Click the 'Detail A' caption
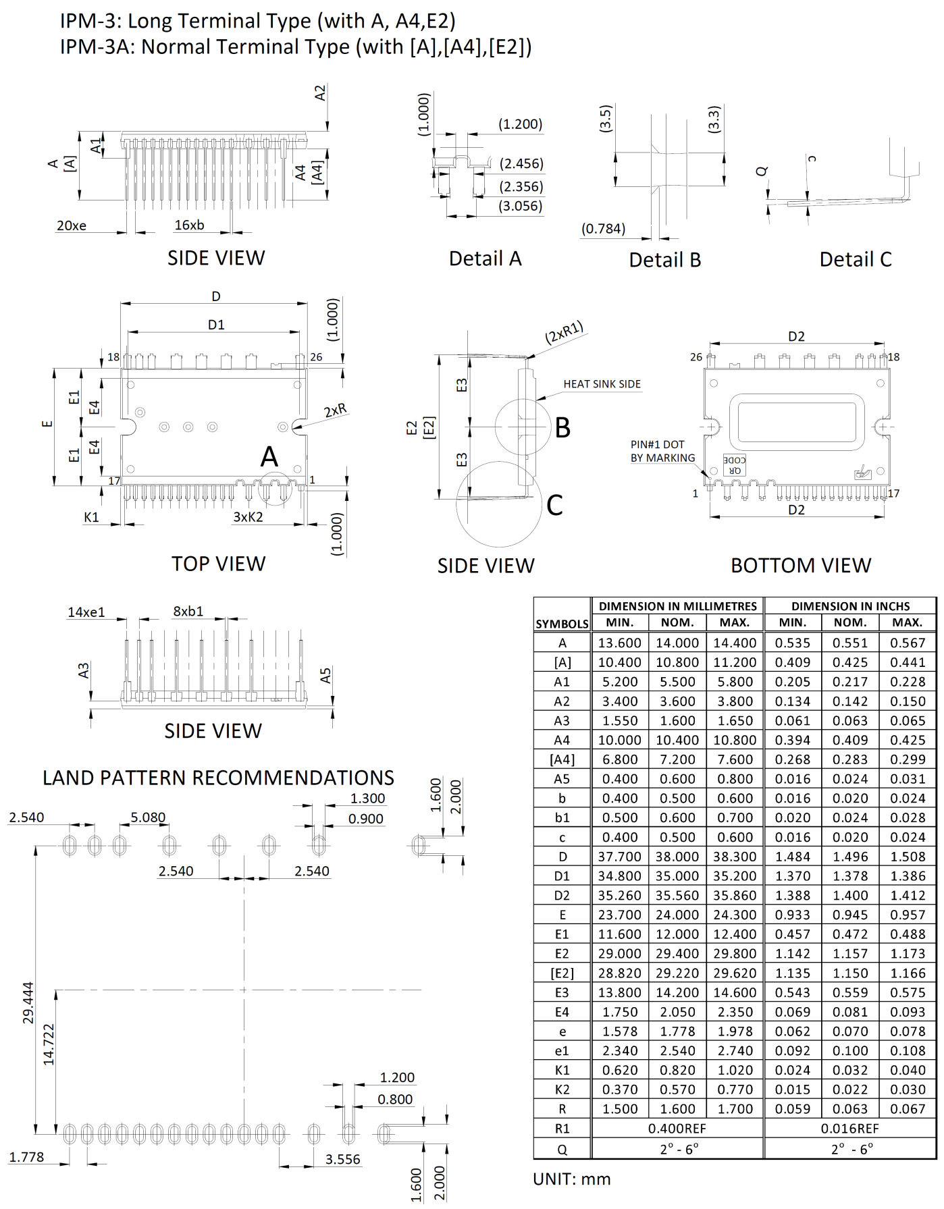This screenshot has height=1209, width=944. pyautogui.click(x=485, y=259)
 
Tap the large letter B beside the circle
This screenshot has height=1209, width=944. pyautogui.click(x=562, y=428)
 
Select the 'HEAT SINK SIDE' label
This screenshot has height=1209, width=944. pyautogui.click(x=602, y=384)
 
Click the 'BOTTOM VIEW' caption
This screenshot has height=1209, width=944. pyautogui.click(x=801, y=565)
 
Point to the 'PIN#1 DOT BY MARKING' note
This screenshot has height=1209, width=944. pyautogui.click(x=662, y=451)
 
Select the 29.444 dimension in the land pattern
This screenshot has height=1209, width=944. pyautogui.click(x=28, y=1002)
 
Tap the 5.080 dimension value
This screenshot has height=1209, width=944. pyautogui.click(x=148, y=817)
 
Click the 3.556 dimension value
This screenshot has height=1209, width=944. pyautogui.click(x=342, y=1159)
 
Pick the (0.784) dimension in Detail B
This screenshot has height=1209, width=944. pyautogui.click(x=603, y=229)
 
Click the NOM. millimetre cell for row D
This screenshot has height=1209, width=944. pyautogui.click(x=677, y=857)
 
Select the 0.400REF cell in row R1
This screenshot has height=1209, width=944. pyautogui.click(x=677, y=1128)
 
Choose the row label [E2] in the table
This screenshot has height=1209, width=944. pyautogui.click(x=562, y=973)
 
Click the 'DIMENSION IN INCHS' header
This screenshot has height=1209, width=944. pyautogui.click(x=850, y=606)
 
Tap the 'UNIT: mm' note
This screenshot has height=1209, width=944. pyautogui.click(x=571, y=1179)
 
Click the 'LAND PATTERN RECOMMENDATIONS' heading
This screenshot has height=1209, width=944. pyautogui.click(x=218, y=778)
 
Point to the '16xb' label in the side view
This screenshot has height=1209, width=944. pyautogui.click(x=189, y=225)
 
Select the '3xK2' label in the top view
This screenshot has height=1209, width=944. pyautogui.click(x=248, y=517)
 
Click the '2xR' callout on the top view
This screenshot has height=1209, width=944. pyautogui.click(x=335, y=410)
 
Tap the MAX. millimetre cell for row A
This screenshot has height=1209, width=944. pyautogui.click(x=735, y=643)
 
